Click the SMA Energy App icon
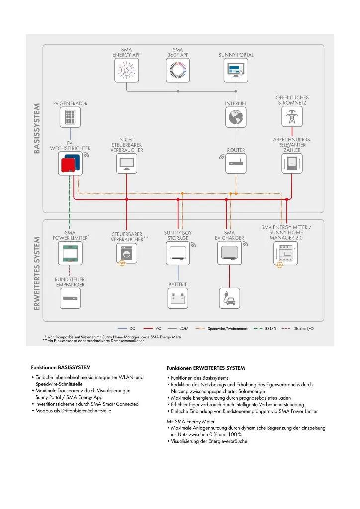click(127, 71)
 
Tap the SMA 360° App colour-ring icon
click(177, 71)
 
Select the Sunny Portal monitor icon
click(235, 71)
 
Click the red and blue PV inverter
click(70, 164)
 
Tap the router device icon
click(235, 164)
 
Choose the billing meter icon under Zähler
click(292, 164)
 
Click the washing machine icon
click(127, 254)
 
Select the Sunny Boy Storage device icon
click(178, 254)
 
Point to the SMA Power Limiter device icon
click(70, 254)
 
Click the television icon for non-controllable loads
click(127, 164)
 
